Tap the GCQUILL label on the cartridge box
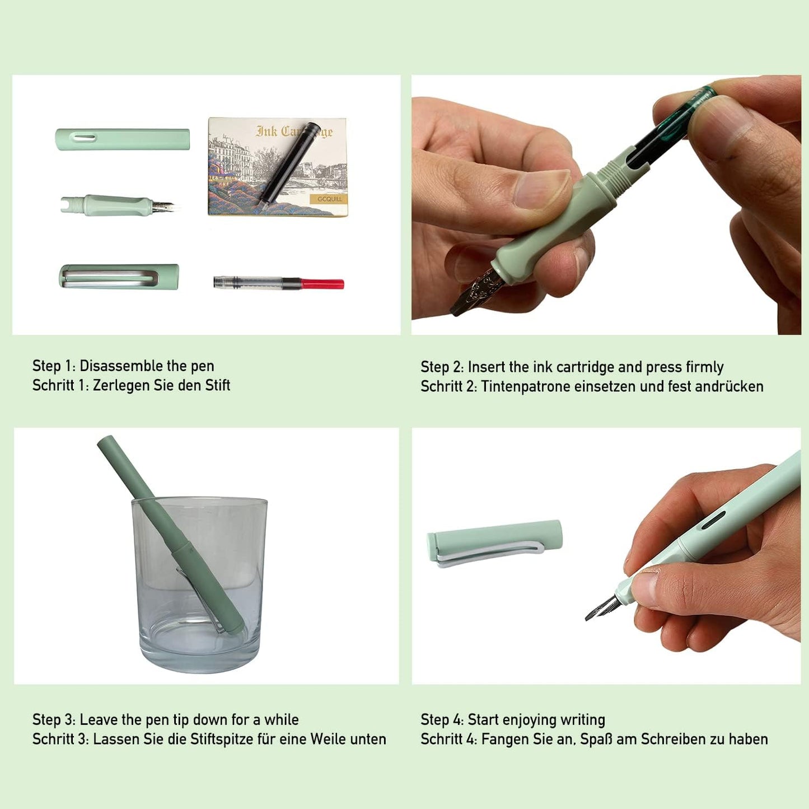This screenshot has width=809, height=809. [x=329, y=199]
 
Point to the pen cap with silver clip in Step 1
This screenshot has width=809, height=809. [x=119, y=277]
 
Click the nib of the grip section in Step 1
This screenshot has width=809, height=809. [x=165, y=205]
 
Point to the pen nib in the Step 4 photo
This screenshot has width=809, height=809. [x=602, y=608]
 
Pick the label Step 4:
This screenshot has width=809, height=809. [x=442, y=720]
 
